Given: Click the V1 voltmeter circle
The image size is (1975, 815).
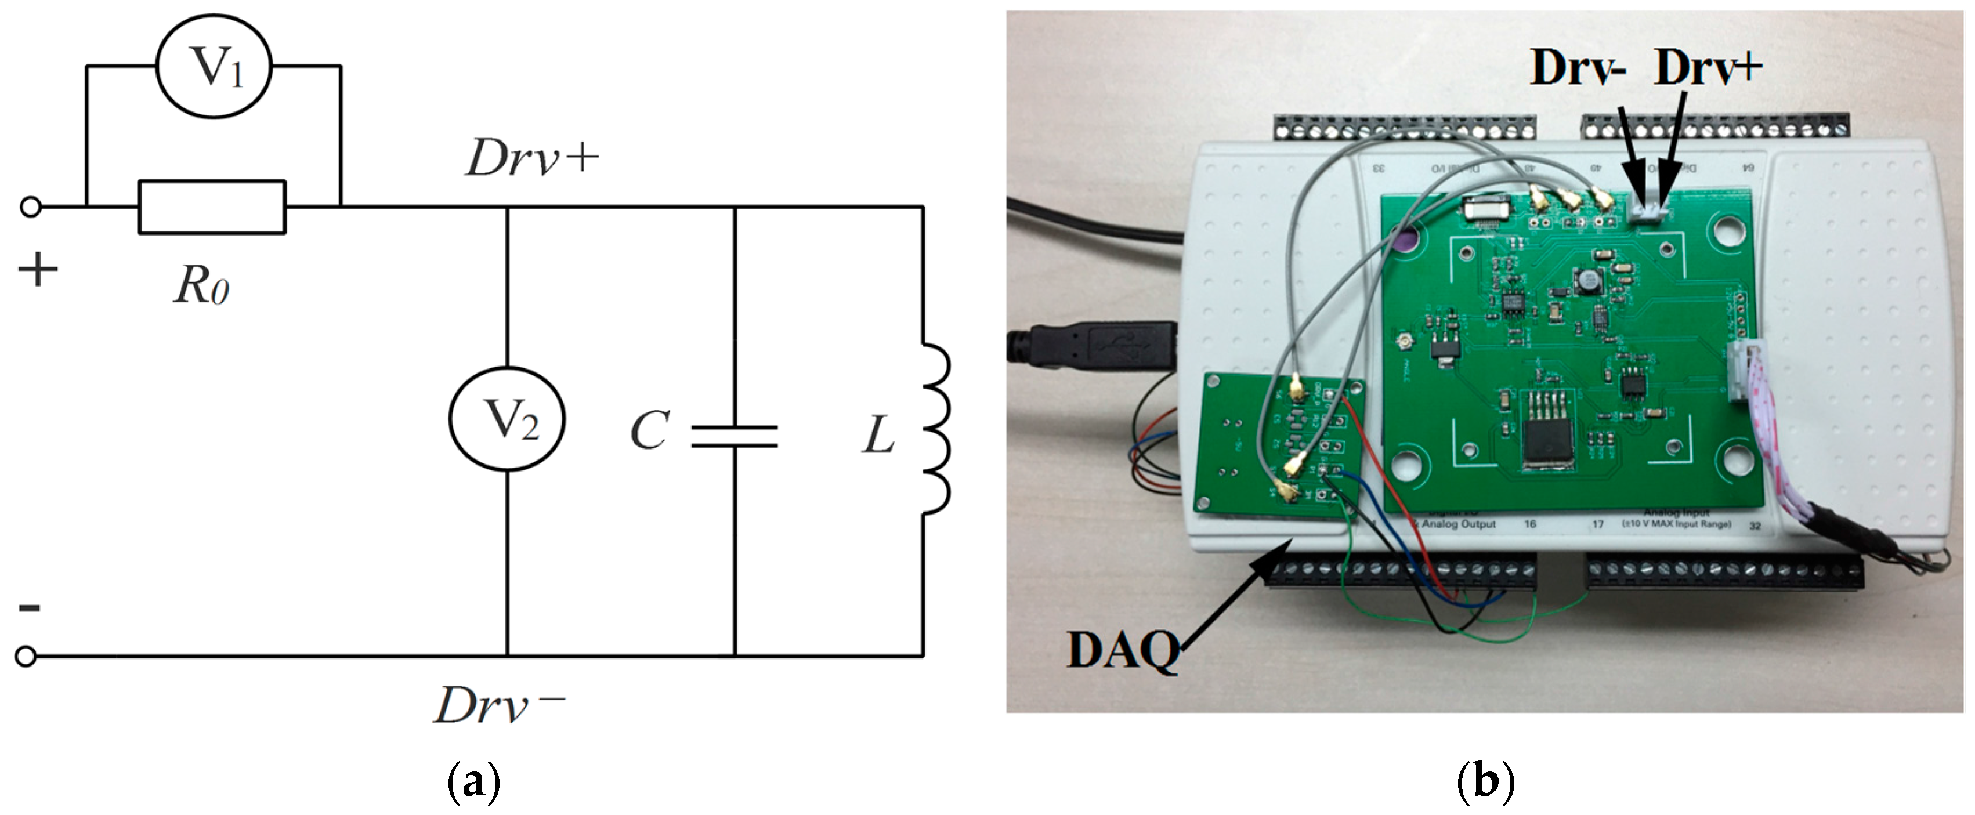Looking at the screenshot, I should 214,67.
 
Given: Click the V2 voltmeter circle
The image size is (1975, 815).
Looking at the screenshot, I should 507,419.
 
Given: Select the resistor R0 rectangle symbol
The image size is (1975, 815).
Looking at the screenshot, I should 212,207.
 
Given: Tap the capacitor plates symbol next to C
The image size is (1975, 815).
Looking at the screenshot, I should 735,436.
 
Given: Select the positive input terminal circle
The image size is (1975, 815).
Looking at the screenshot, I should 31,207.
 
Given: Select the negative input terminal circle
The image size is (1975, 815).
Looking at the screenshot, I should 26,656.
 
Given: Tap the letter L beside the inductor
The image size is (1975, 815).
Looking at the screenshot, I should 878,436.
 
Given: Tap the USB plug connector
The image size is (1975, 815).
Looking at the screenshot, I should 1104,344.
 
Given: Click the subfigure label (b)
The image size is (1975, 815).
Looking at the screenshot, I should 1485,782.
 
